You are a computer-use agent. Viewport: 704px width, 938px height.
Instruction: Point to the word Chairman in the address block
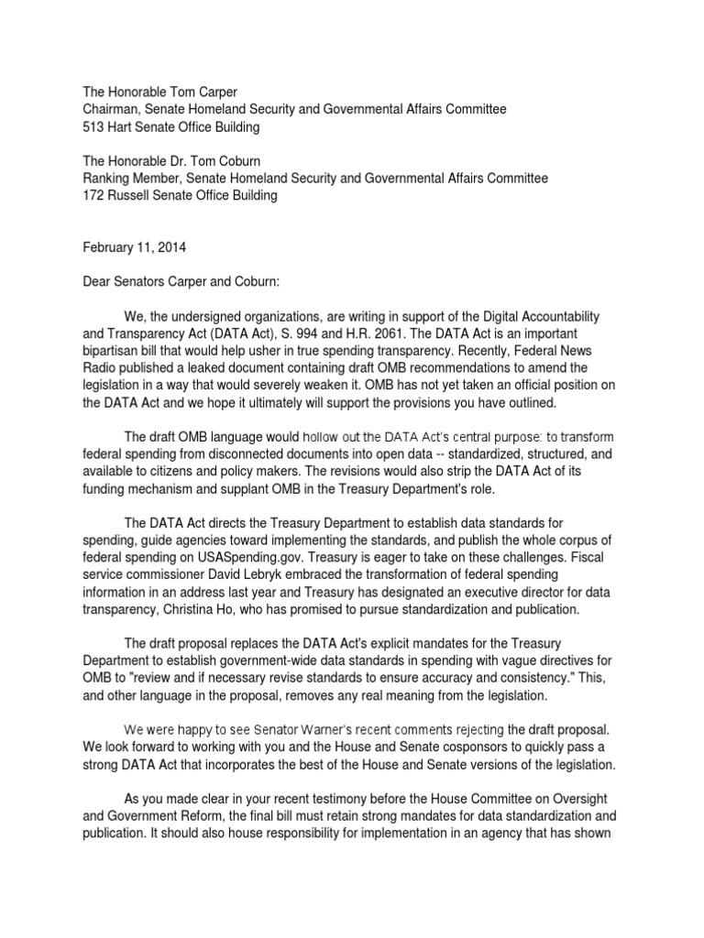[x=113, y=109]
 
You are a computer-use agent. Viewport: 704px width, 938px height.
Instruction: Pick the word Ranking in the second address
[x=108, y=178]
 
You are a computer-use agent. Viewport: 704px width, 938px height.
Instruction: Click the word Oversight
[x=586, y=798]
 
